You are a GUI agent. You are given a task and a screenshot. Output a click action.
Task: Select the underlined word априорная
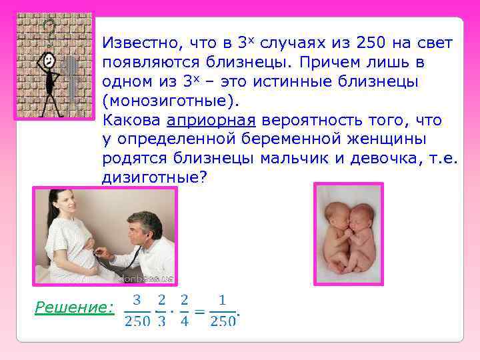tap(211, 121)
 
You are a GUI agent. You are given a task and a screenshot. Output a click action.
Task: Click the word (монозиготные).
tap(170, 101)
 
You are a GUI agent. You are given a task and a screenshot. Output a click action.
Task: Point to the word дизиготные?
tap(155, 178)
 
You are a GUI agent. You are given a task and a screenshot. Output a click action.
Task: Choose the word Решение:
tap(74, 307)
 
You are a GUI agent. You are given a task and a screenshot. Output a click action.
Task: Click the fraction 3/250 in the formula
tap(137, 310)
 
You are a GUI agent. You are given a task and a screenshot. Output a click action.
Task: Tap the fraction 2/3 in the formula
tap(161, 310)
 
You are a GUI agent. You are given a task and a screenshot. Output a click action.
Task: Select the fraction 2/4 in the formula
tap(184, 310)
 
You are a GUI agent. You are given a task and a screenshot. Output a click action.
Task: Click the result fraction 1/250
tap(223, 310)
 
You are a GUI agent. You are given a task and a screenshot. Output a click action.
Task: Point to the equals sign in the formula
tap(199, 311)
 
